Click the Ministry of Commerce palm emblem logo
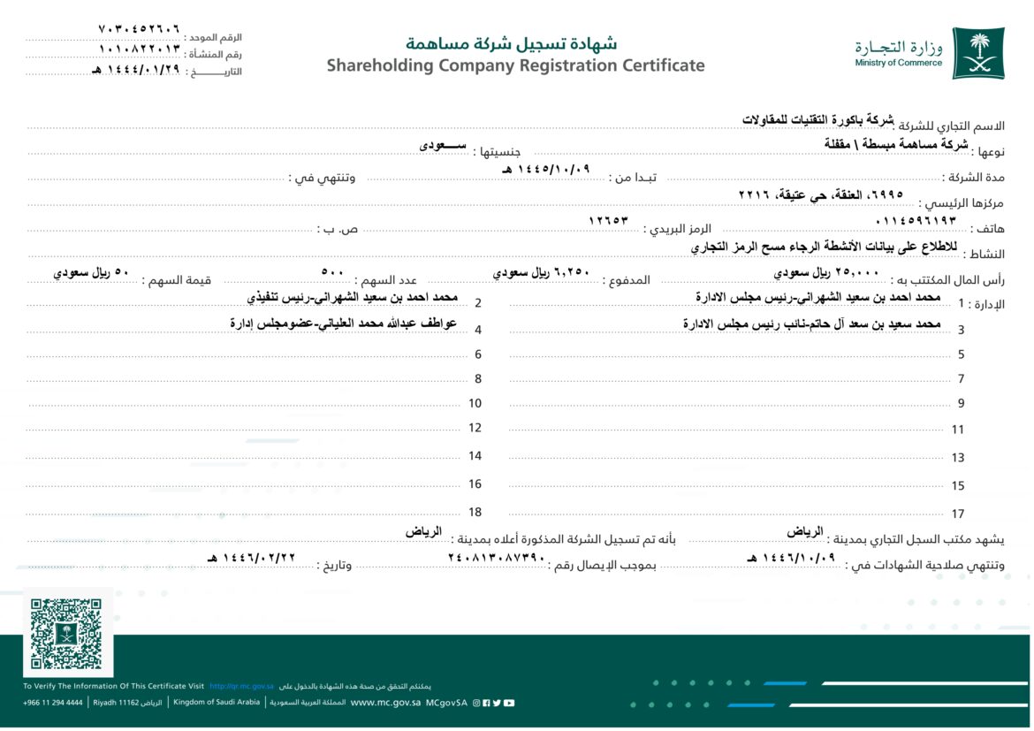tap(977, 53)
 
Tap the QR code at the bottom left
tap(66, 634)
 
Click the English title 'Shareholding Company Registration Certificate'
tap(515, 65)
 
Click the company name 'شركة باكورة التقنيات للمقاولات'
tap(817, 119)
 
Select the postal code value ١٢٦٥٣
tap(608, 219)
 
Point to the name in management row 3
tap(811, 324)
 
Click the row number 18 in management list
tap(475, 512)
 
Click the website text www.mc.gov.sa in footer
tap(385, 703)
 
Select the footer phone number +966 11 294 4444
tap(53, 703)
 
